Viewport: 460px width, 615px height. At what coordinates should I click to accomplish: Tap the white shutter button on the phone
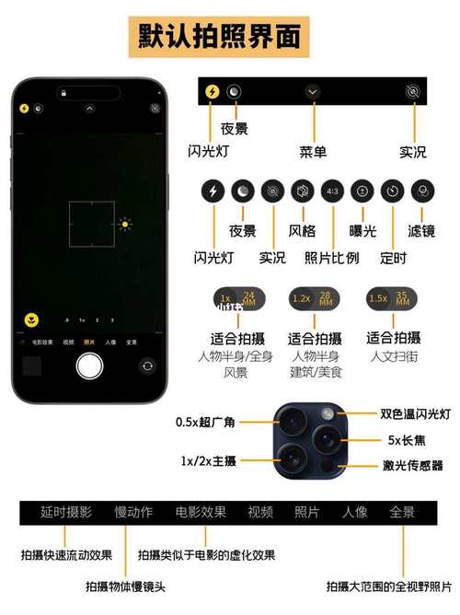pyautogui.click(x=89, y=366)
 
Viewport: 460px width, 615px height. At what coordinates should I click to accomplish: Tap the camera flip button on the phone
pyautogui.click(x=147, y=366)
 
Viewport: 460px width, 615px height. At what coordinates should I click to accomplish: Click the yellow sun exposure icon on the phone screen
pyautogui.click(x=124, y=224)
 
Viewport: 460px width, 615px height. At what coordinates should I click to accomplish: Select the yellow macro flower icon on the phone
pyautogui.click(x=31, y=320)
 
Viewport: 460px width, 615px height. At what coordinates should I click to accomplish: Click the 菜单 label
pyautogui.click(x=314, y=151)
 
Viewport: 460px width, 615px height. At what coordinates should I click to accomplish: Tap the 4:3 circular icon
pyautogui.click(x=332, y=191)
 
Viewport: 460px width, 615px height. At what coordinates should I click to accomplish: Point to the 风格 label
pyautogui.click(x=303, y=231)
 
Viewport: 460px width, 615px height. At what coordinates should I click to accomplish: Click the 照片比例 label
pyautogui.click(x=331, y=257)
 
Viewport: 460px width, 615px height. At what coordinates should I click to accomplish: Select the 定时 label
pyautogui.click(x=392, y=258)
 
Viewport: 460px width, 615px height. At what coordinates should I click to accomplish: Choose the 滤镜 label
pyautogui.click(x=423, y=231)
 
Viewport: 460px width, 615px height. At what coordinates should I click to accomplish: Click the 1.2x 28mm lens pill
pyautogui.click(x=315, y=298)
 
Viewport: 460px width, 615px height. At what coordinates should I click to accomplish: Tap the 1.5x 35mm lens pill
pyautogui.click(x=391, y=298)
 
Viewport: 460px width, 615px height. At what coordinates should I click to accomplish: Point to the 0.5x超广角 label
pyautogui.click(x=205, y=423)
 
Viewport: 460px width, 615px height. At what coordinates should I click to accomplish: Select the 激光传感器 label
pyautogui.click(x=413, y=466)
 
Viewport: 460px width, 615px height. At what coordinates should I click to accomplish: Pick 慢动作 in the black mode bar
pyautogui.click(x=133, y=512)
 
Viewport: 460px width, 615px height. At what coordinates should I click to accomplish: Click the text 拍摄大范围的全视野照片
pyautogui.click(x=389, y=586)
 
